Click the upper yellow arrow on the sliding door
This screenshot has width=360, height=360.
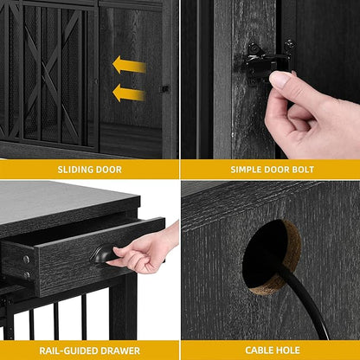(x=129, y=65)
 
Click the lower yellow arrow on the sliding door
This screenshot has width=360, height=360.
(x=129, y=93)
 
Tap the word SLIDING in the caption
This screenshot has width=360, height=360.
(x=74, y=170)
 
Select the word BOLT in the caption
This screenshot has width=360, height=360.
(x=303, y=170)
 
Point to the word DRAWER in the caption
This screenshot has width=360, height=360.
(x=121, y=350)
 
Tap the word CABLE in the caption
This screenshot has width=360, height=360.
(x=259, y=350)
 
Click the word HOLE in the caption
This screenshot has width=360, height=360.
(x=287, y=350)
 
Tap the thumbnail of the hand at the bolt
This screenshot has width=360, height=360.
(x=280, y=80)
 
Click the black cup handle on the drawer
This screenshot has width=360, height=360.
(x=104, y=254)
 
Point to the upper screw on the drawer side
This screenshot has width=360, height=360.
(x=27, y=260)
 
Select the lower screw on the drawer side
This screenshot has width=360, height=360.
(x=27, y=274)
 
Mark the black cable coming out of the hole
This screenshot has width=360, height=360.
(x=305, y=300)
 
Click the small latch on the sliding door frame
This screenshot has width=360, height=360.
(x=165, y=89)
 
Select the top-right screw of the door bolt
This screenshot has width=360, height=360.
(x=289, y=45)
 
